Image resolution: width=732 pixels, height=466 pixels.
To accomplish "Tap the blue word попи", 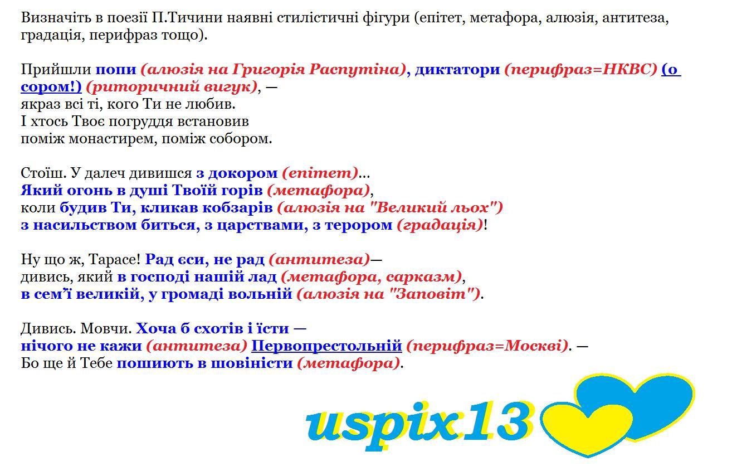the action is point(116,70).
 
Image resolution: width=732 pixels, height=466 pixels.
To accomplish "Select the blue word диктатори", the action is point(457,70).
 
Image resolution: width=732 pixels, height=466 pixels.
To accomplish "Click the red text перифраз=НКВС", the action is point(580,70).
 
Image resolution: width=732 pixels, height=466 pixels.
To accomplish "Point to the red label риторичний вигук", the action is point(172,87).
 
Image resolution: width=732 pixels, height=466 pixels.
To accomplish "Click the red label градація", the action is point(440,226).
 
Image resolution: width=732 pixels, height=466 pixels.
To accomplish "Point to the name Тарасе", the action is point(114,260).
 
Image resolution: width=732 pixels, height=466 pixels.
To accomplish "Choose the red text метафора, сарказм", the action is point(372,277).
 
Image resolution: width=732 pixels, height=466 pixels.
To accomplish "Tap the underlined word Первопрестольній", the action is point(326,346).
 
